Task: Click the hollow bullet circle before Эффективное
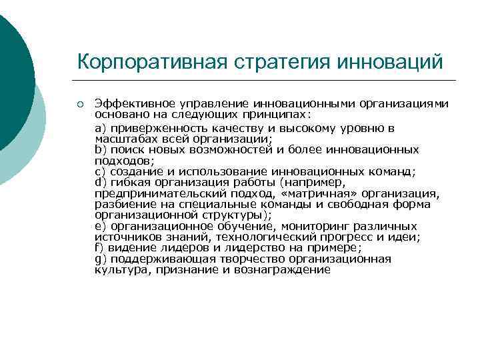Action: click(x=79, y=105)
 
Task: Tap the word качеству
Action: click(x=237, y=127)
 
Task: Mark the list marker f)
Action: click(x=100, y=248)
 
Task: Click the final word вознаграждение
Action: click(x=283, y=269)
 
